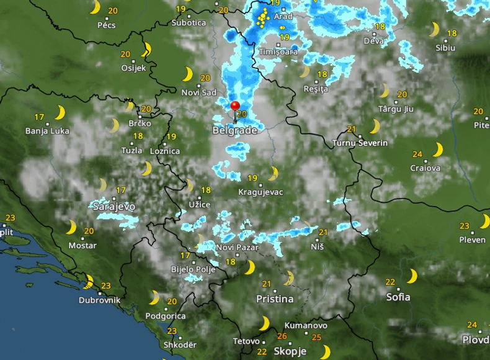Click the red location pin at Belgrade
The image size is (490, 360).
point(235,106)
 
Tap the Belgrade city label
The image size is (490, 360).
point(234,131)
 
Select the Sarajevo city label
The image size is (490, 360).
point(114,206)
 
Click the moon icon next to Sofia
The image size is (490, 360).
point(412,276)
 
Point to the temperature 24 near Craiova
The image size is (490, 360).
point(417,155)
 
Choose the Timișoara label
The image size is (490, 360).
point(278,52)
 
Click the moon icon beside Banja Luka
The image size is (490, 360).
point(60,112)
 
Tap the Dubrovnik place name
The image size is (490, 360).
point(99,300)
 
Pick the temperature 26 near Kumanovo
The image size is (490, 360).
point(282,336)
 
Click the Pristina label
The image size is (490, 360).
point(275,299)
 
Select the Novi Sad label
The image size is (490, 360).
point(199,92)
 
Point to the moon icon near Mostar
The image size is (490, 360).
point(71,227)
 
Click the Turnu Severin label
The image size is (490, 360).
point(360,143)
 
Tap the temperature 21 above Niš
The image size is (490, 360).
point(323,232)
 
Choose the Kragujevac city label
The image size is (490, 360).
point(261,192)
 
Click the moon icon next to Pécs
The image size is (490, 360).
point(95,7)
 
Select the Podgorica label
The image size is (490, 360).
point(165,316)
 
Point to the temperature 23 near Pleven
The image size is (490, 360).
point(465,226)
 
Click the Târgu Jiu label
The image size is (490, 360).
point(396,109)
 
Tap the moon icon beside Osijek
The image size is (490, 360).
point(147,50)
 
